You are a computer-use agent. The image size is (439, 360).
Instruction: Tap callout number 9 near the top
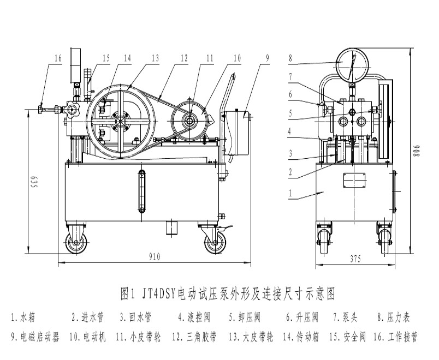pos(268,56)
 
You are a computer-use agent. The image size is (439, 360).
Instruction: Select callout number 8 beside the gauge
pos(291,57)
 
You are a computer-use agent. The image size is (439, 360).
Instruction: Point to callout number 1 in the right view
pos(291,193)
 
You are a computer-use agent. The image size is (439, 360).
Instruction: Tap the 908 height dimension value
pos(416,151)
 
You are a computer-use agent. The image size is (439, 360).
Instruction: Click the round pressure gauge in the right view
pos(350,64)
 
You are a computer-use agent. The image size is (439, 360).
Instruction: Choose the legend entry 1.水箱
pos(25,316)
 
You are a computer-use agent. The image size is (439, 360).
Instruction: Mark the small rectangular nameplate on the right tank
pos(354,181)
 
